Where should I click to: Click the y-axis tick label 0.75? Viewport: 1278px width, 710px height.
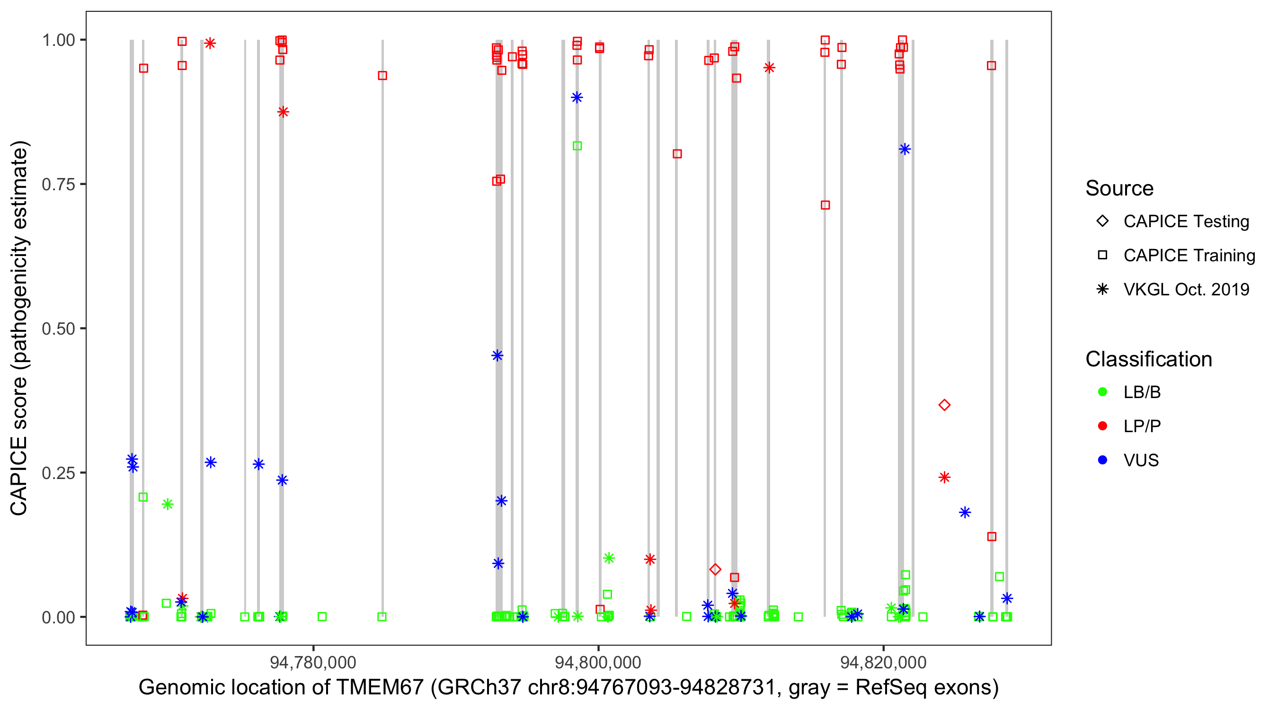click(x=58, y=185)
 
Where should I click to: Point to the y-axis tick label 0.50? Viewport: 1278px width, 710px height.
click(x=58, y=329)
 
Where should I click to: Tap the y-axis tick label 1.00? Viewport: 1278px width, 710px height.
click(x=58, y=40)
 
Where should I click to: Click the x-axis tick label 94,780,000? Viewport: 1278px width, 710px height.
click(x=313, y=662)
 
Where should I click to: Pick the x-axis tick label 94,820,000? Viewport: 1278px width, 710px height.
click(x=883, y=662)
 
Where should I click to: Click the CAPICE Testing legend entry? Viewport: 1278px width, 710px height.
click(x=1186, y=222)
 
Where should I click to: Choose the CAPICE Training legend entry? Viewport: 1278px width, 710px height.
click(x=1189, y=256)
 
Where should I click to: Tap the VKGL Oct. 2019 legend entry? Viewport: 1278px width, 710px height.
click(x=1186, y=290)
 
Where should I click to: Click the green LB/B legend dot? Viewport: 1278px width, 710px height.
click(x=1102, y=392)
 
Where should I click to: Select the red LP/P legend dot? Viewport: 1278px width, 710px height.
click(x=1102, y=426)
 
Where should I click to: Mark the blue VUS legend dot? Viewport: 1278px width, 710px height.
click(x=1102, y=461)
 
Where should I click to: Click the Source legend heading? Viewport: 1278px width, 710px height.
click(x=1119, y=188)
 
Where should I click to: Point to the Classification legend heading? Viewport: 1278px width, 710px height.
click(x=1148, y=359)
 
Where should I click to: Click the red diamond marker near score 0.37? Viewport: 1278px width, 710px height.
click(x=944, y=405)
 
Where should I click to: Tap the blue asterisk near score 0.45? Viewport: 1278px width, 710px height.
click(x=497, y=356)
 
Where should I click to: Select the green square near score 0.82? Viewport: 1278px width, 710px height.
click(x=577, y=146)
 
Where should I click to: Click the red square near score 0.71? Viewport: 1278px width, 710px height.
click(x=825, y=205)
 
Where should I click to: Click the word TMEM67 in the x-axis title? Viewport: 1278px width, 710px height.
click(x=380, y=688)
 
